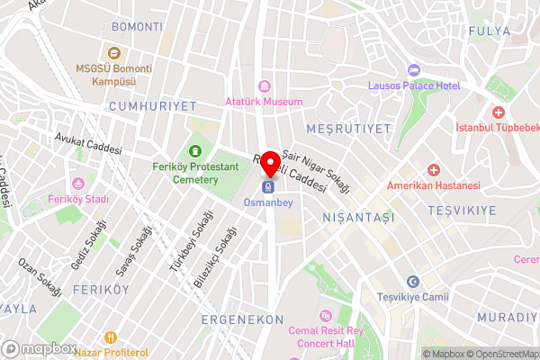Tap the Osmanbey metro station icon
(267, 187)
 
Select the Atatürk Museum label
(264, 102)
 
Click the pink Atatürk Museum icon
(264, 87)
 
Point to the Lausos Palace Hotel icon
(414, 70)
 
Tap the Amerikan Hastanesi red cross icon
(433, 169)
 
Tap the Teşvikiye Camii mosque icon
(413, 282)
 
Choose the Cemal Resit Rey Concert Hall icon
(326, 315)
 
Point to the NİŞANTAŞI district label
(359, 218)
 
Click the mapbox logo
(40, 348)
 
